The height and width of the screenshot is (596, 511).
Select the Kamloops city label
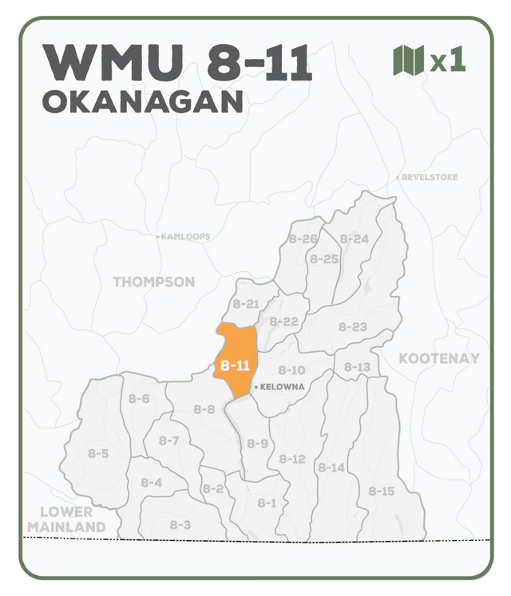point(185,237)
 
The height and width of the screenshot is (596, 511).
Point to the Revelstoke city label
point(430,177)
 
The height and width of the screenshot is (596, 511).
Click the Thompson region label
point(153,282)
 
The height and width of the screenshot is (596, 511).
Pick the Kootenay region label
point(439,358)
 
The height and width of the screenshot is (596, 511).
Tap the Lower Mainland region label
point(66,519)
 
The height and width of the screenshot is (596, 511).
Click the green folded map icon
point(408,61)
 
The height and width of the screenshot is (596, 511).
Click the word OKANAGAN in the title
point(142,102)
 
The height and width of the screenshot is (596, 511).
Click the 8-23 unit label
point(352,326)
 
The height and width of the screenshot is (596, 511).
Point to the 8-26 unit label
point(303,239)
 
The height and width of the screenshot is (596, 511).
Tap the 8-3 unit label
point(180,524)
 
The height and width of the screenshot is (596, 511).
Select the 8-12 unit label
point(292,459)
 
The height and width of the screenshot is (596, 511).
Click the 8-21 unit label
point(246,304)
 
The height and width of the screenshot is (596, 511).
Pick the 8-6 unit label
point(139,399)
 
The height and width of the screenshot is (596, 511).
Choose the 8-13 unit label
point(357,367)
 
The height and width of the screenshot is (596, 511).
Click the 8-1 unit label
point(267,503)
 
